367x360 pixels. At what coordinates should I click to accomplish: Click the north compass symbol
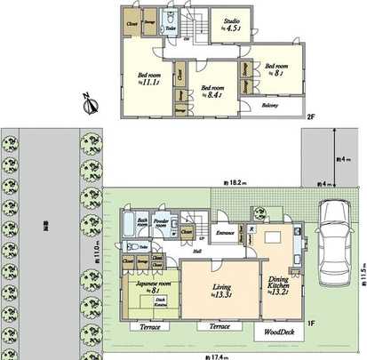click(x=89, y=105)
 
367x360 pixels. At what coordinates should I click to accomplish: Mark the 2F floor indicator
click(x=310, y=116)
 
